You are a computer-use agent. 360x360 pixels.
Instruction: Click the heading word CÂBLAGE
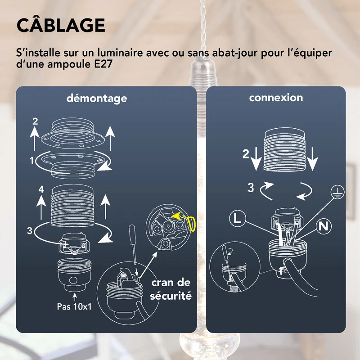[61, 25]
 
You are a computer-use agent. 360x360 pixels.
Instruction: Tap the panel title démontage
[97, 98]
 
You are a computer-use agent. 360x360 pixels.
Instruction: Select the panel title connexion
[276, 97]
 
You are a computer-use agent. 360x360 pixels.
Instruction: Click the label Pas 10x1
[75, 307]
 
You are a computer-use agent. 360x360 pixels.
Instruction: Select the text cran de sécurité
[171, 289]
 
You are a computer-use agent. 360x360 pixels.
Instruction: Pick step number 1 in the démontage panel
[31, 160]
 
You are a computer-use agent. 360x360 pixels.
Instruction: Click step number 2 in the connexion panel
[245, 154]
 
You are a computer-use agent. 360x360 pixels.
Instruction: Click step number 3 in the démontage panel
[30, 231]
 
